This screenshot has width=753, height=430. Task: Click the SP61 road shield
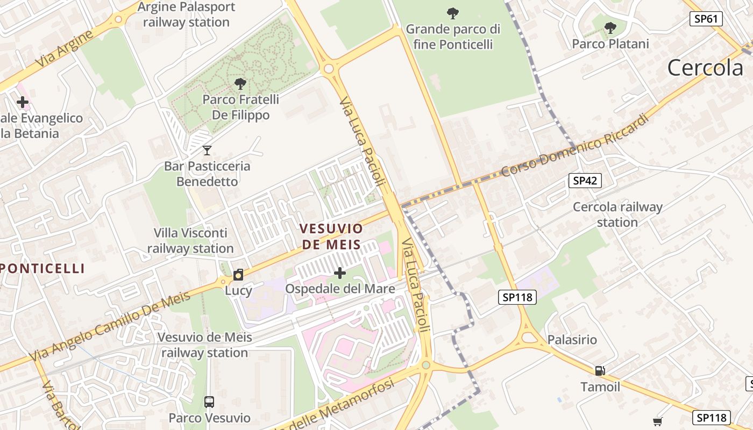click(706, 19)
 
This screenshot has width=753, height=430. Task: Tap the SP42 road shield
click(585, 181)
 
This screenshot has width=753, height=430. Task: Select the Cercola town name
click(705, 68)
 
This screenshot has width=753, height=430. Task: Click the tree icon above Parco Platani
click(610, 27)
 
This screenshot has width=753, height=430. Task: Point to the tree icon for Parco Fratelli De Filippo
click(240, 83)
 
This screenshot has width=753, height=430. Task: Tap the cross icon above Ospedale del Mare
click(340, 273)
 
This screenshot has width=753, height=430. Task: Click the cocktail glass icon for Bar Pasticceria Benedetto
click(207, 150)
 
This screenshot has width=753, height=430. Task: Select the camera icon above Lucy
click(238, 275)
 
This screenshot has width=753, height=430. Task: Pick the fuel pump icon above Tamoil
click(600, 370)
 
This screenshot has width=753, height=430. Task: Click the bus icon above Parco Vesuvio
click(209, 402)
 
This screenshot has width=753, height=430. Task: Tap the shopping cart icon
click(657, 421)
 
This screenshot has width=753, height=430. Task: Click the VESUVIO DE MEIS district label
click(331, 236)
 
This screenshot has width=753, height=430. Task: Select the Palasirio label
click(572, 340)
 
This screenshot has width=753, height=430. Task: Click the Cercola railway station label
click(617, 214)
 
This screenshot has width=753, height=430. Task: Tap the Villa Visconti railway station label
click(190, 241)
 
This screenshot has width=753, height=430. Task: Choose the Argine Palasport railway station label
click(186, 15)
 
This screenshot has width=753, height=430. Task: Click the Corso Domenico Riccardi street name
click(574, 146)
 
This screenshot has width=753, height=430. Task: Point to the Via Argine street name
click(63, 49)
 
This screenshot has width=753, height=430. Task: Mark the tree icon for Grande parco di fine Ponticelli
click(453, 12)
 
